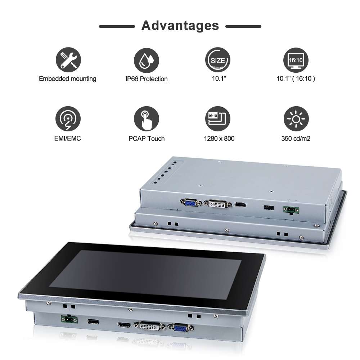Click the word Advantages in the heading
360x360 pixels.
pyautogui.click(x=180, y=26)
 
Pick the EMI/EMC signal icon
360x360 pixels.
pyautogui.click(x=68, y=120)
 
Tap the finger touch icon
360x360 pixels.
pyautogui.click(x=147, y=120)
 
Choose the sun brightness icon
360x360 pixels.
pyautogui.click(x=296, y=120)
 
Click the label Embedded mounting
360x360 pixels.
pyautogui.click(x=68, y=78)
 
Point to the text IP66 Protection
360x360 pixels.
pyautogui.click(x=147, y=79)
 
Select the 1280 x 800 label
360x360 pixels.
pyautogui.click(x=219, y=138)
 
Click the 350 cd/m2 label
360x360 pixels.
pyautogui.click(x=296, y=138)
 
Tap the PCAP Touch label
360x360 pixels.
pyautogui.click(x=147, y=138)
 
